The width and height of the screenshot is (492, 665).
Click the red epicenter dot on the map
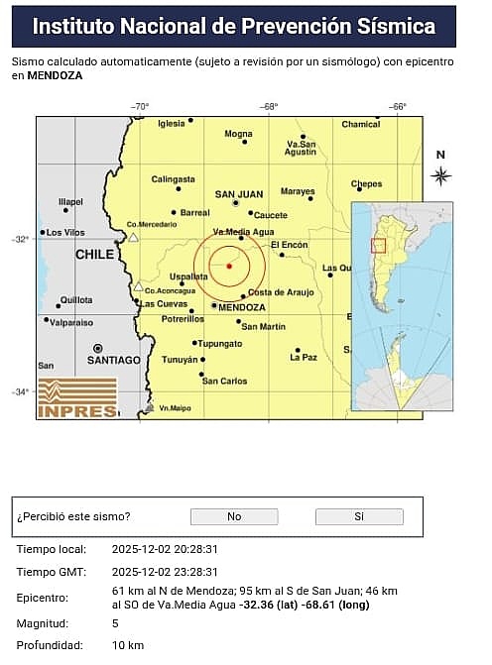[229, 266]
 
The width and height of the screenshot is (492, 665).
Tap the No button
[234, 516]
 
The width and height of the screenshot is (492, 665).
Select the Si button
[359, 516]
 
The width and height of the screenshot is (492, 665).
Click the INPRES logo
[77, 398]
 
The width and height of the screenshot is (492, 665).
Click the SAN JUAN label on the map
[239, 194]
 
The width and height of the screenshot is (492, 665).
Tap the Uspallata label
[188, 277]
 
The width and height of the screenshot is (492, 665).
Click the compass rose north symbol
[440, 175]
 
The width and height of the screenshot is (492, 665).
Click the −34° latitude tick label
[20, 391]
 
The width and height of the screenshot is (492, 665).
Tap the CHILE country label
[95, 255]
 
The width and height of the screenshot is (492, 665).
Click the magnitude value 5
[115, 622]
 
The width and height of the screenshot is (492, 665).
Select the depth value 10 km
[128, 645]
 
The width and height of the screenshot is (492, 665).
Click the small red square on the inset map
[377, 245]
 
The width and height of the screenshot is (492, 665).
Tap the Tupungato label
[220, 343]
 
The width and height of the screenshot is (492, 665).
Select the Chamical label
[361, 124]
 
